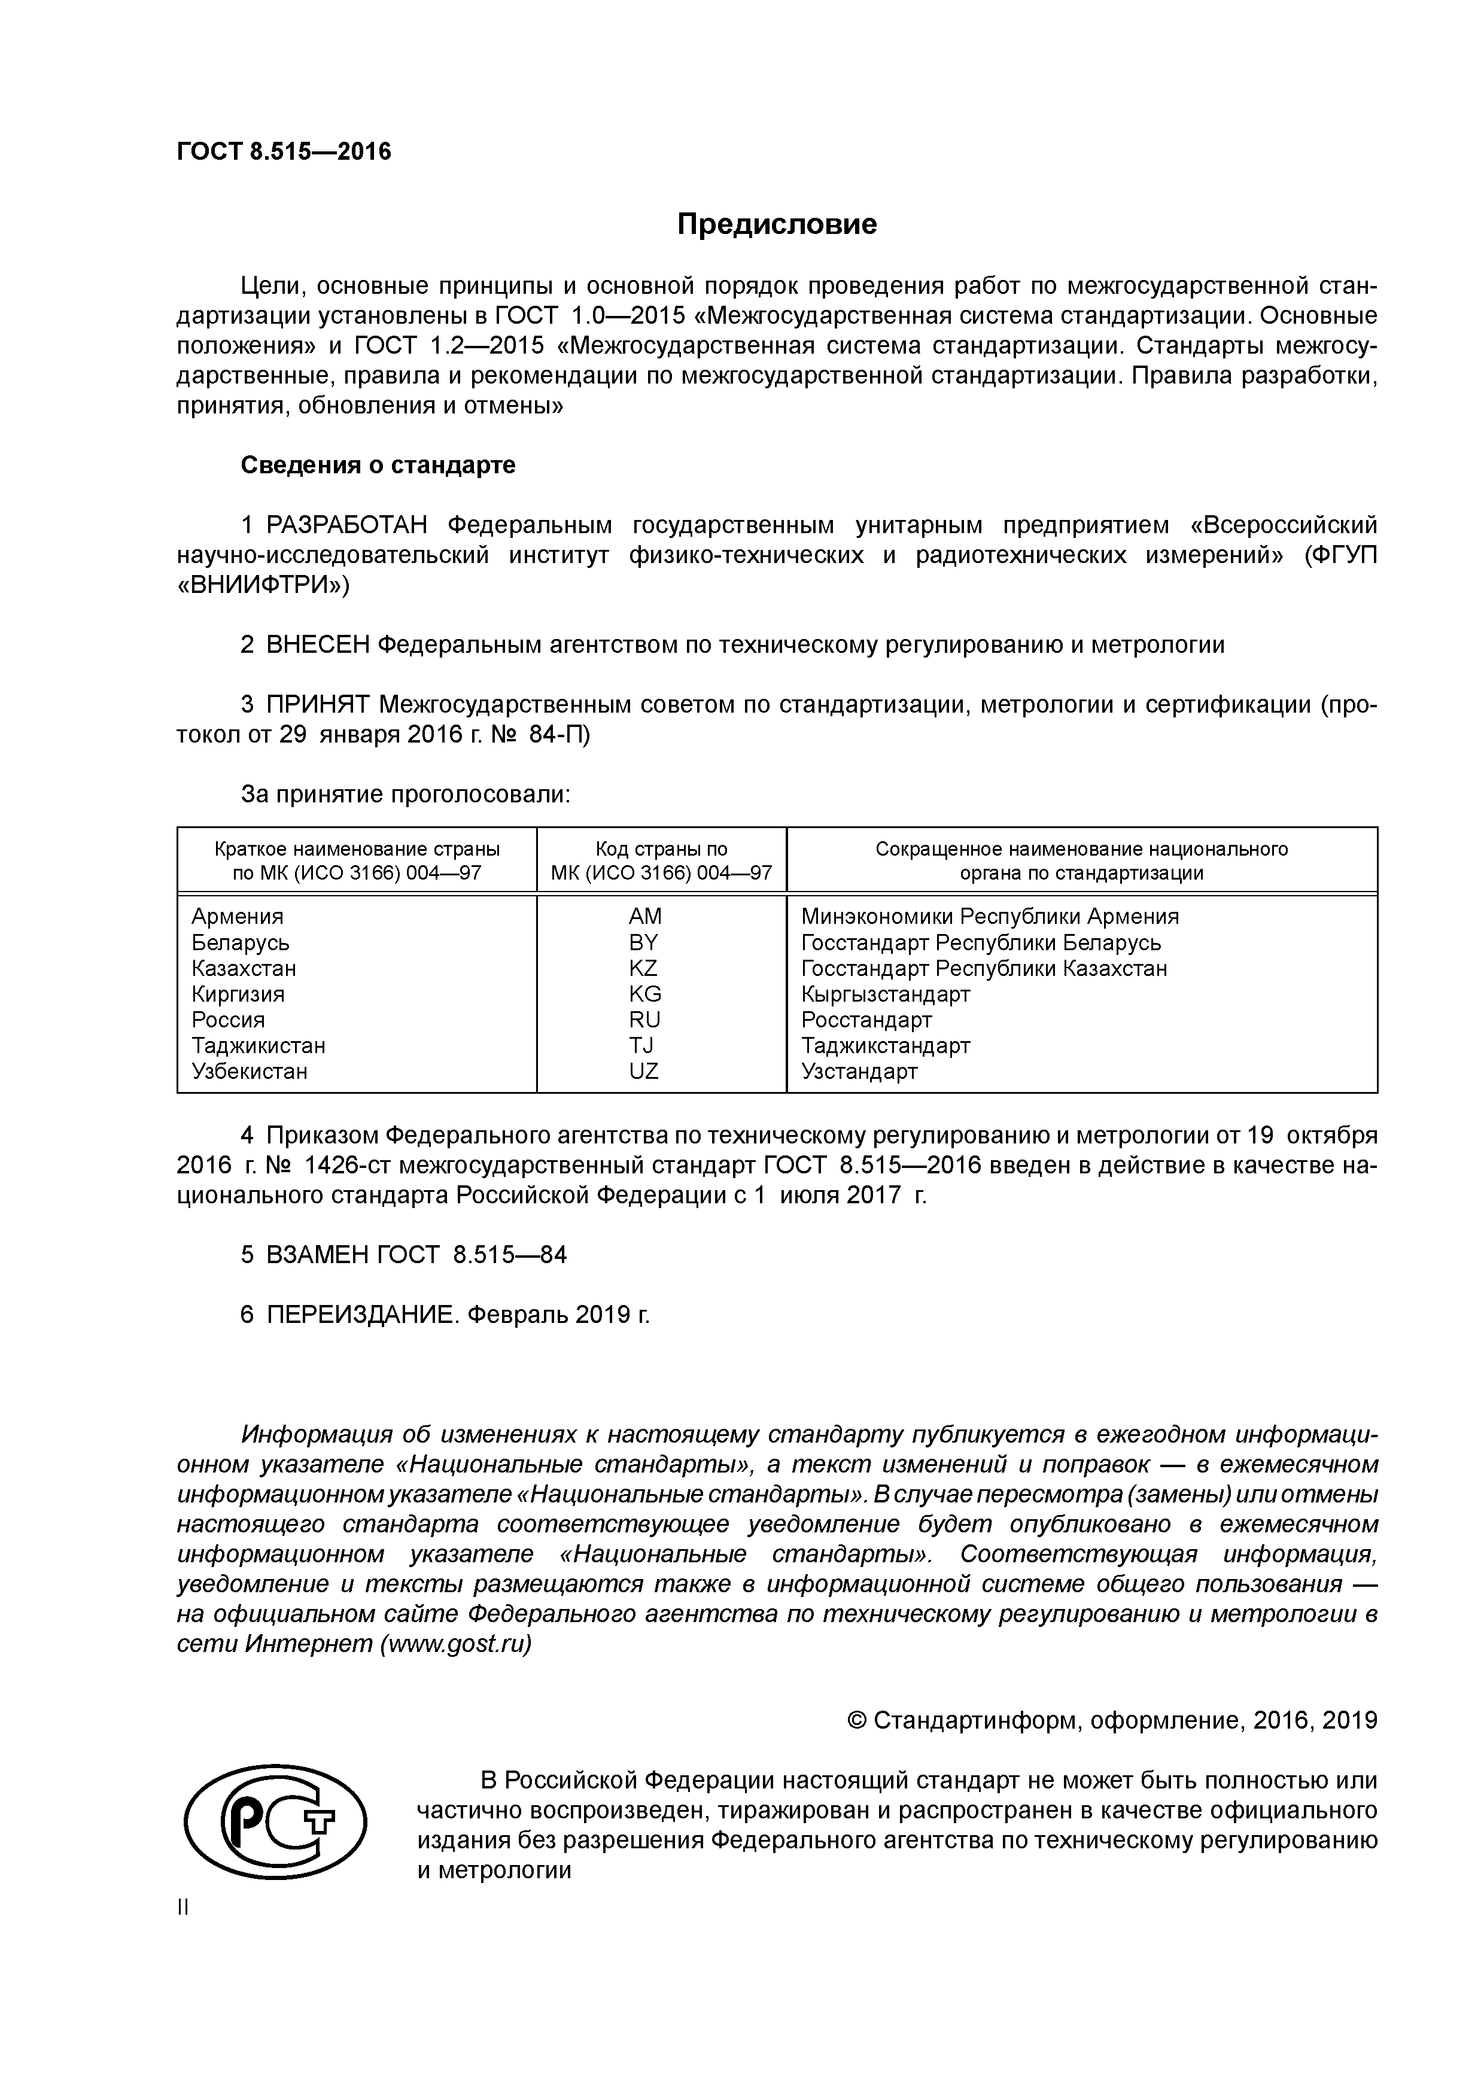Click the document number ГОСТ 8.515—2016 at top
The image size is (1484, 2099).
(284, 152)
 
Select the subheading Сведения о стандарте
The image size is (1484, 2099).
(378, 466)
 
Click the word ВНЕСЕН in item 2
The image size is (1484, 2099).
(317, 646)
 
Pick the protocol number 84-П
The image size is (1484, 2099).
(559, 735)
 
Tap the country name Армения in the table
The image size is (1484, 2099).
(237, 916)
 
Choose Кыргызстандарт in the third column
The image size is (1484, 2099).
(885, 994)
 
